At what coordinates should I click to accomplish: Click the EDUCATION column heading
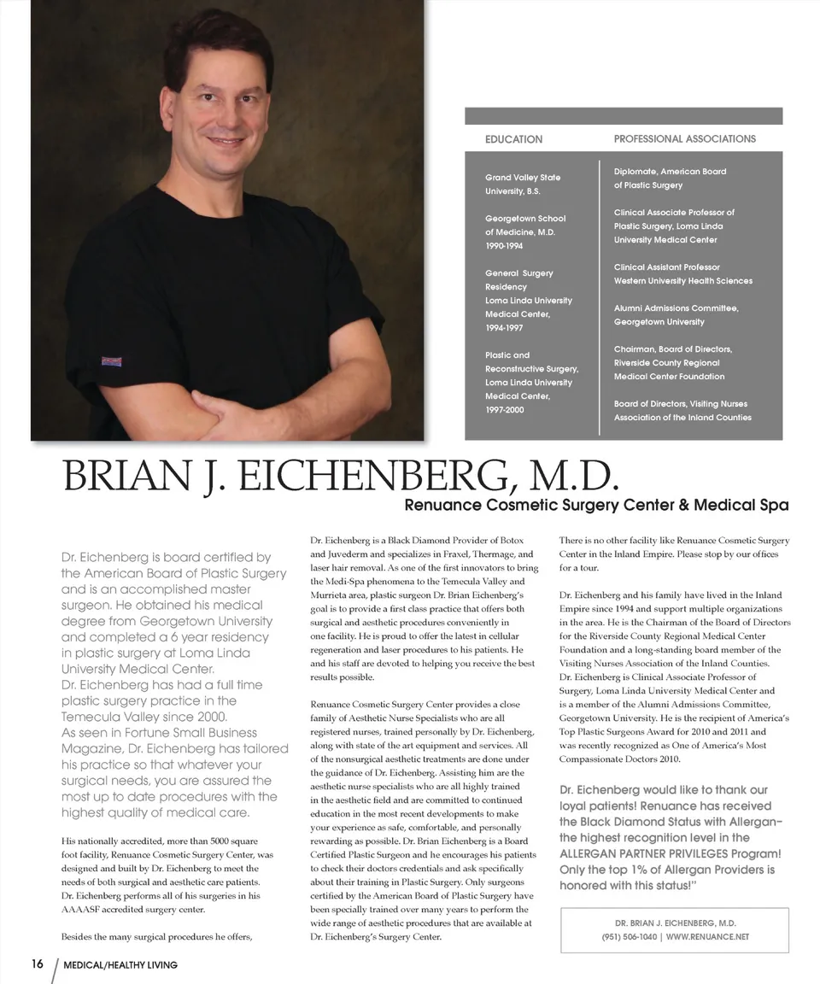click(513, 139)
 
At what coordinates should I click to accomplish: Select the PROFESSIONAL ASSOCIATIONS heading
click(684, 138)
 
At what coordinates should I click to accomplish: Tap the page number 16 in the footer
click(37, 963)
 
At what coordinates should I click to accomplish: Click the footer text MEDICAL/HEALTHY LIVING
click(120, 965)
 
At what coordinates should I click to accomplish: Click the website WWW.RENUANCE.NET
click(707, 937)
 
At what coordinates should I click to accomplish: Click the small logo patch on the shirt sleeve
click(112, 361)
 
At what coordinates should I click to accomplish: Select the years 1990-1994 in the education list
click(504, 246)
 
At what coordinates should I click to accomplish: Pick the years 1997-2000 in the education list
click(505, 410)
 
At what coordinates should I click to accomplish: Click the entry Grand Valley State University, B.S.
click(523, 184)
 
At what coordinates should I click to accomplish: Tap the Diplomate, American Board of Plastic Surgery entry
click(670, 179)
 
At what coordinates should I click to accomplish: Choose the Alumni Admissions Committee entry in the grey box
click(676, 315)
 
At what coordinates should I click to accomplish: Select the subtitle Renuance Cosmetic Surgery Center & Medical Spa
click(596, 506)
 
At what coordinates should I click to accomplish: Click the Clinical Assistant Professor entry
click(682, 274)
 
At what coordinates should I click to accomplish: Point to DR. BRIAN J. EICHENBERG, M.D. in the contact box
click(675, 923)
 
